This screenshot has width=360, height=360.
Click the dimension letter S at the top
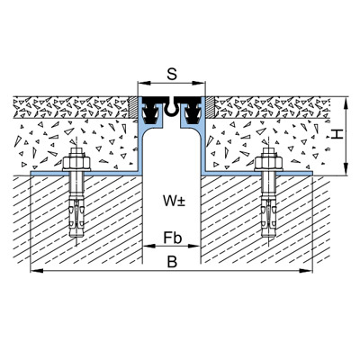pyautogui.click(x=172, y=74)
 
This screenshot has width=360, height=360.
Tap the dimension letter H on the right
pyautogui.click(x=337, y=134)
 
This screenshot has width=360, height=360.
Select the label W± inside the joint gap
pyautogui.click(x=174, y=201)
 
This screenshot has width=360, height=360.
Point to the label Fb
pyautogui.click(x=173, y=238)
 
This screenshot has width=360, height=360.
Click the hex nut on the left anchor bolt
pyautogui.click(x=76, y=163)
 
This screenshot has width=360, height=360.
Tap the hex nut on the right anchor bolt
pyautogui.click(x=268, y=163)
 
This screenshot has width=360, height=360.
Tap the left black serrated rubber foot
pyautogui.click(x=150, y=112)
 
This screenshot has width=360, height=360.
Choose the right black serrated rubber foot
pyautogui.click(x=193, y=112)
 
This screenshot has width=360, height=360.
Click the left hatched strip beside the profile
pyautogui.click(x=132, y=107)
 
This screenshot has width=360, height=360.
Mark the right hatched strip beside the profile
pyautogui.click(x=210, y=107)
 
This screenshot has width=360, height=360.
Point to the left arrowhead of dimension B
pyautogui.click(x=37, y=271)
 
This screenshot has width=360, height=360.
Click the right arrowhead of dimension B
pyautogui.click(x=306, y=271)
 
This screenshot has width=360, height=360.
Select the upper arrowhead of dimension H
pyautogui.click(x=346, y=103)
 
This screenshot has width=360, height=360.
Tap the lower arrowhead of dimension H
pyautogui.click(x=346, y=168)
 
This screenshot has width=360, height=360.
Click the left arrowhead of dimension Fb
pyautogui.click(x=149, y=246)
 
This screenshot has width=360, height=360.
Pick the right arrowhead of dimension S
pyautogui.click(x=199, y=83)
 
